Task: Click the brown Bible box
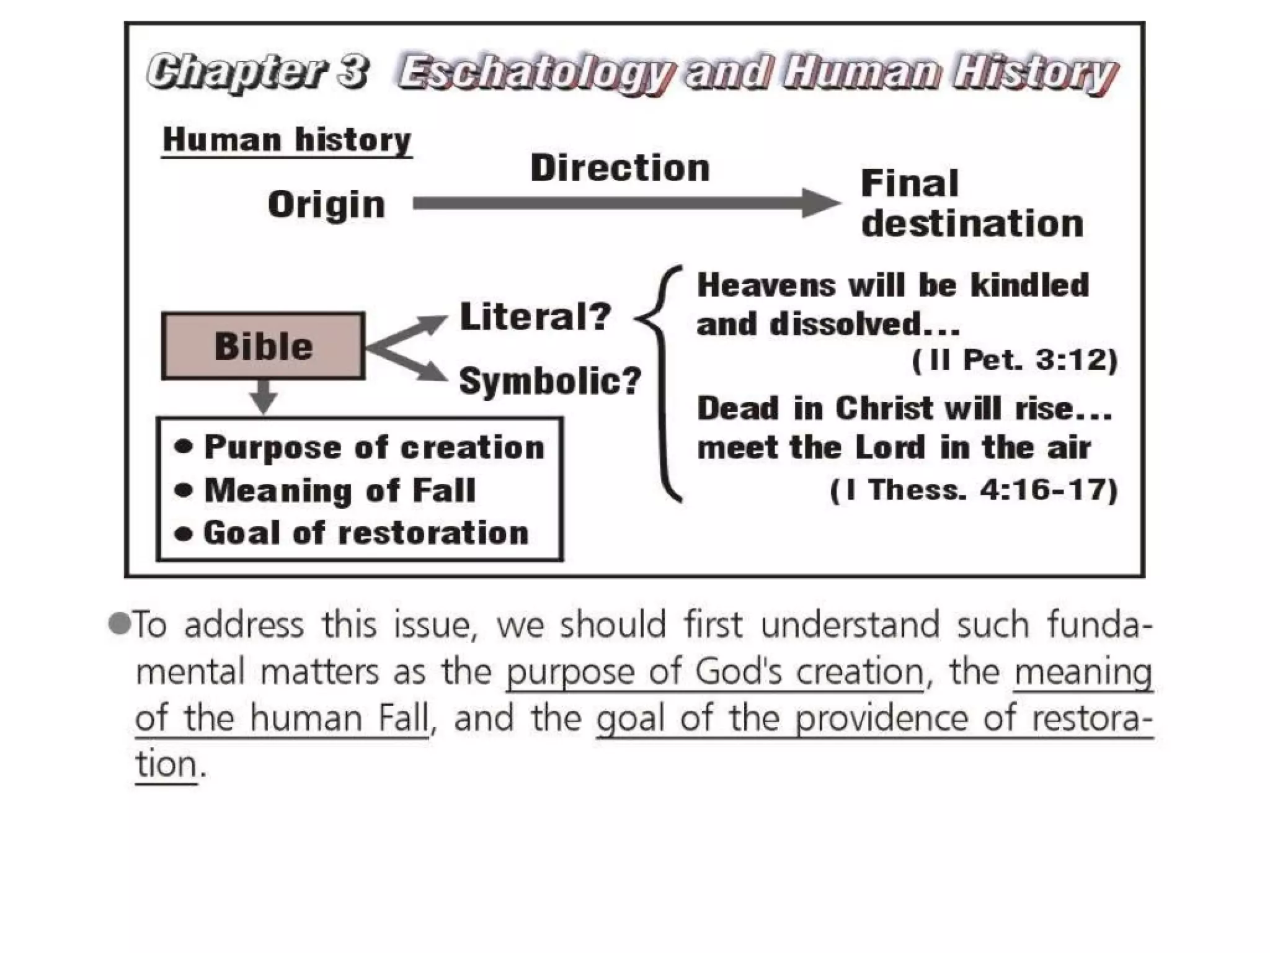tap(263, 346)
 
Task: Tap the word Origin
tap(326, 204)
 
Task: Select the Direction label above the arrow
tap(620, 168)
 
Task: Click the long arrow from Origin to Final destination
tap(620, 204)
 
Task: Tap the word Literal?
tap(536, 316)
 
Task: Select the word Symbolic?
tap(550, 380)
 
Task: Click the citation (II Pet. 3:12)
tap(1015, 360)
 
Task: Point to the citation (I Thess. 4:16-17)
tap(974, 490)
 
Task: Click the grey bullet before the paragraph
tap(119, 624)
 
